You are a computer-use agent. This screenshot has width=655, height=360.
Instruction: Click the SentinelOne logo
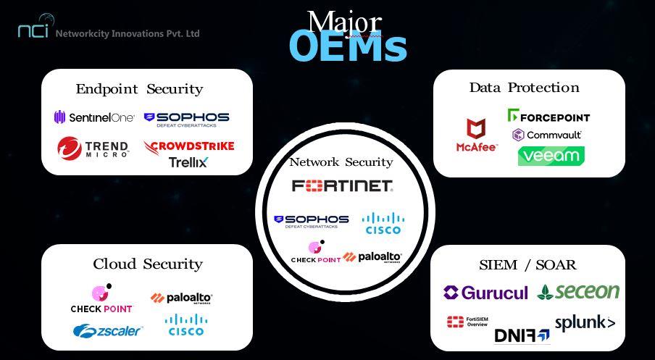tap(93, 117)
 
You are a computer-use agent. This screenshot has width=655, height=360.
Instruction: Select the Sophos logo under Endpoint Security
tap(186, 120)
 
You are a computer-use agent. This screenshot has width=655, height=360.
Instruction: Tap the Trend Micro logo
tap(93, 148)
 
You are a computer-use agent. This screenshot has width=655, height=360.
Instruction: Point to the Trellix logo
tap(188, 162)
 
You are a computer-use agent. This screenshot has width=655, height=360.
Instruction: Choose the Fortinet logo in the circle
tap(343, 186)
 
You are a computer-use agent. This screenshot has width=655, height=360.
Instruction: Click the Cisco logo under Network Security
tap(383, 223)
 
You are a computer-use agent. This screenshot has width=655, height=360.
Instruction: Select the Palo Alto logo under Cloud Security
tap(181, 298)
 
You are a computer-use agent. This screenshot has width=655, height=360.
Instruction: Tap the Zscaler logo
tap(107, 330)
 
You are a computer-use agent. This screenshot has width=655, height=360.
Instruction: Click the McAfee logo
tap(476, 136)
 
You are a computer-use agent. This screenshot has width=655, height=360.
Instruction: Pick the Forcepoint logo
tap(548, 116)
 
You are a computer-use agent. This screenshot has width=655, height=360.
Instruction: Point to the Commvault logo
tap(547, 135)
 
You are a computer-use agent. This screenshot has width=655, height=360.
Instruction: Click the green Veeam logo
tap(551, 156)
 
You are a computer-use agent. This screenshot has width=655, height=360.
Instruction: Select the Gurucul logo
tap(485, 293)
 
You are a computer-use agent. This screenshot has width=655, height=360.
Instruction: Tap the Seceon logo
tap(578, 291)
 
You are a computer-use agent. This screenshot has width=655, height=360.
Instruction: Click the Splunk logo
tap(585, 323)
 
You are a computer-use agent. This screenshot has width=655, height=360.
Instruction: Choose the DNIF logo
tap(522, 335)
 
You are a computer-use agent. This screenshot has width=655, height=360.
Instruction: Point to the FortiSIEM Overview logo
tap(467, 322)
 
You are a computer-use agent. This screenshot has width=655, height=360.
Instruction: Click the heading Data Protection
tap(524, 88)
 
